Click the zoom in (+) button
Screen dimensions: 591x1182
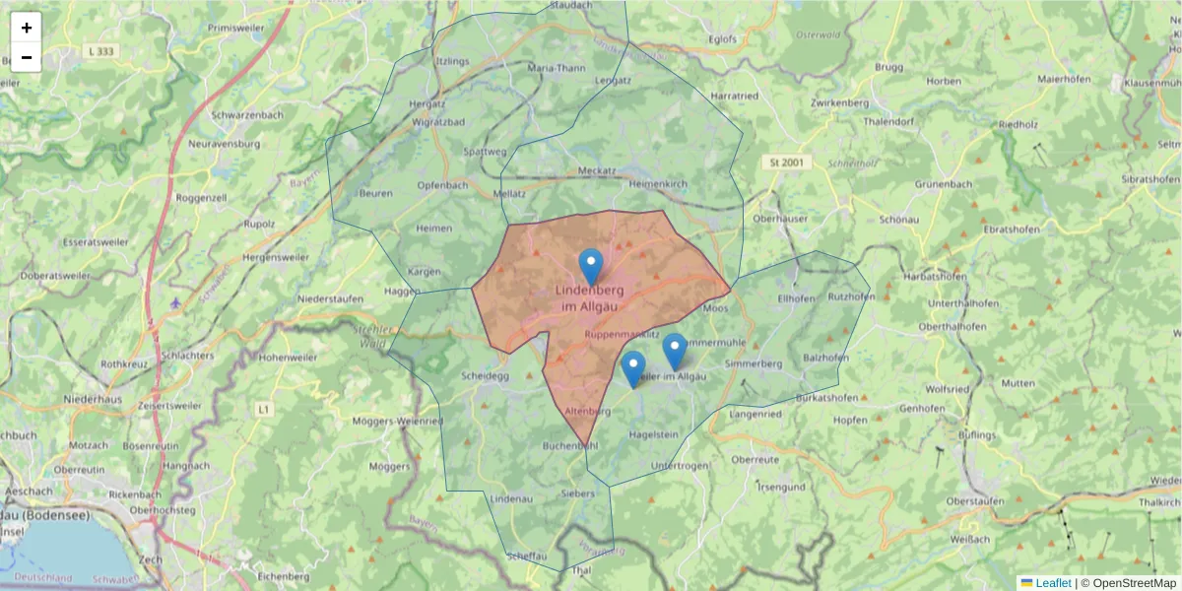pyautogui.click(x=27, y=28)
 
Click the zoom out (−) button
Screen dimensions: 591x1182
pyautogui.click(x=27, y=57)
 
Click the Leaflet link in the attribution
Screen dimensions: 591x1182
pyautogui.click(x=1052, y=583)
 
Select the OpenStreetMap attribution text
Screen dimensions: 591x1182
pyautogui.click(x=1135, y=583)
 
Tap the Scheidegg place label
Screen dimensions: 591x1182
pyautogui.click(x=485, y=375)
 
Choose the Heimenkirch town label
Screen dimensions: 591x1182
pyautogui.click(x=657, y=184)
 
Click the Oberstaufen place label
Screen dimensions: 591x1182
pyautogui.click(x=973, y=501)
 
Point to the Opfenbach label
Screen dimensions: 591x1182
pyautogui.click(x=442, y=185)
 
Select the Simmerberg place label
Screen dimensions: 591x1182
pyautogui.click(x=753, y=364)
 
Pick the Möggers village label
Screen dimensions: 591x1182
pyautogui.click(x=389, y=466)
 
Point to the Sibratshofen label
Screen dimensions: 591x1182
pyautogui.click(x=1150, y=179)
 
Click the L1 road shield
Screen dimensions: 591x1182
pyautogui.click(x=263, y=408)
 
